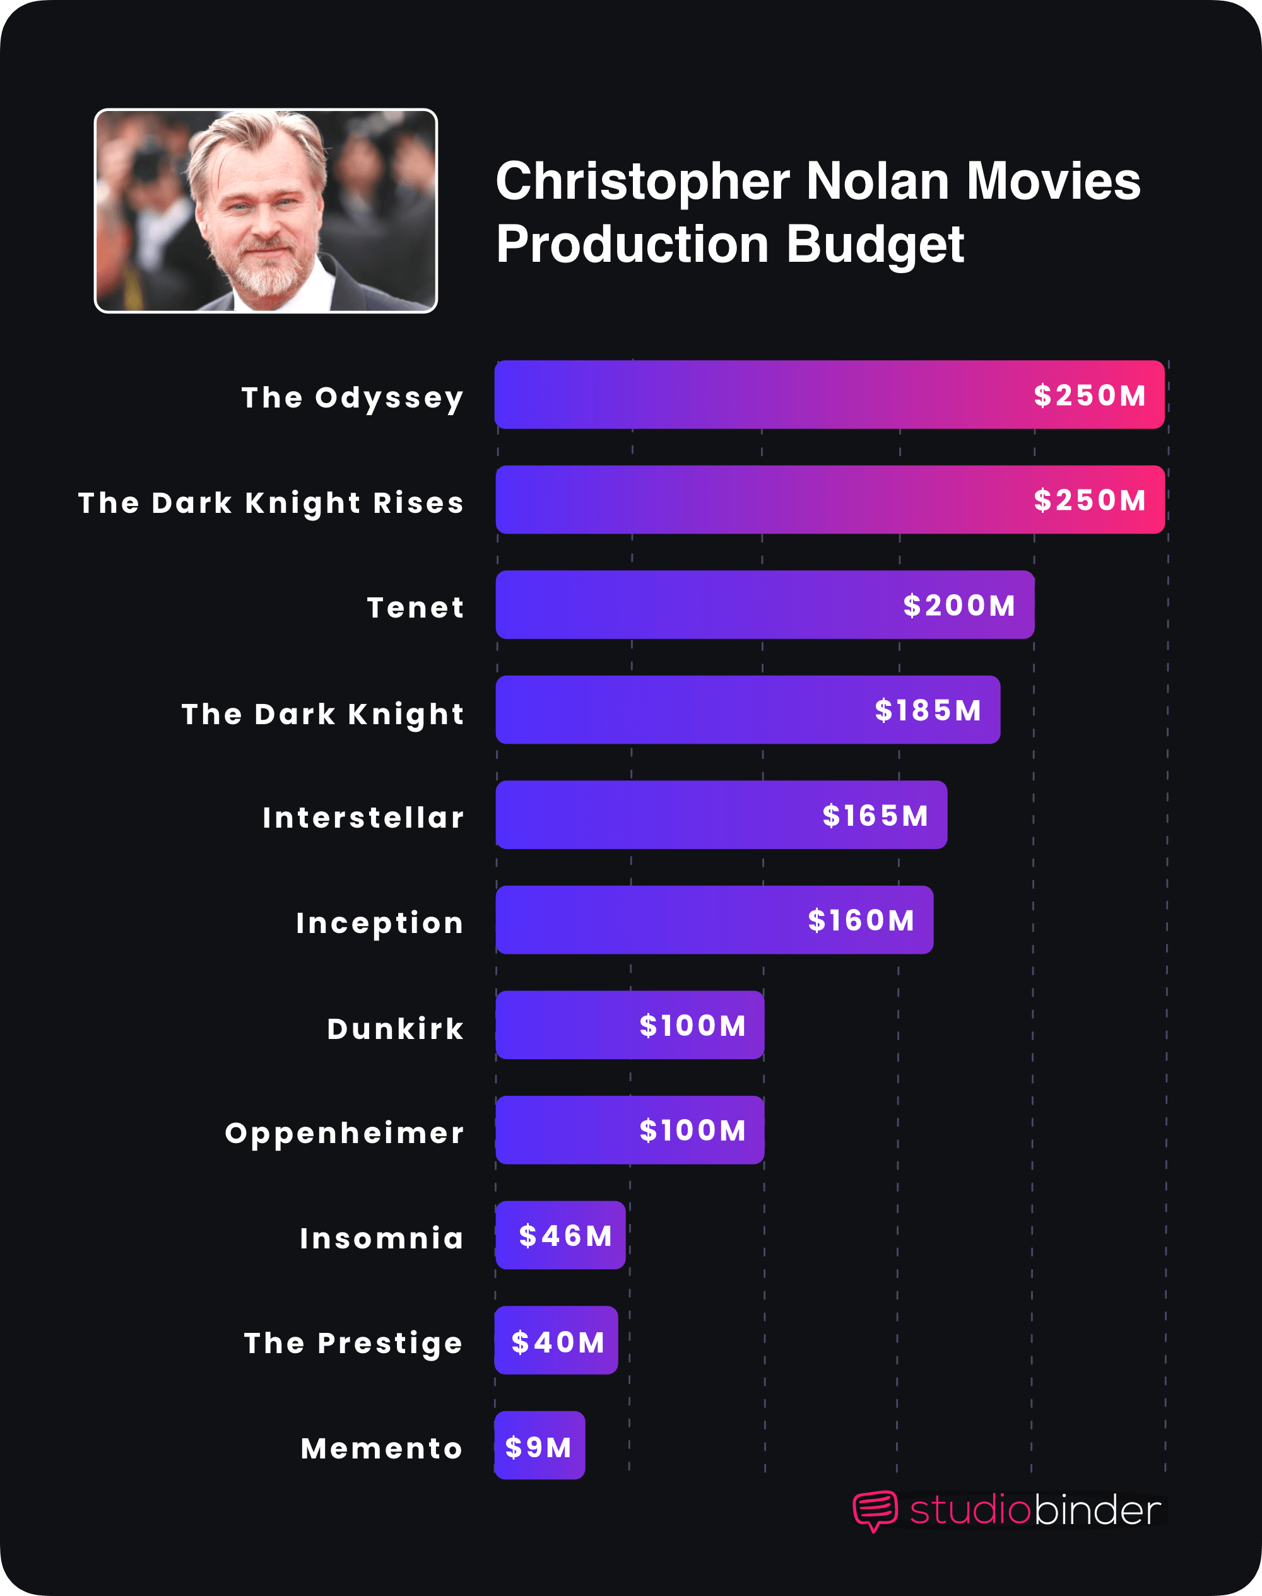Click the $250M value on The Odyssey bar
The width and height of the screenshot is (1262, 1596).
coord(1089,396)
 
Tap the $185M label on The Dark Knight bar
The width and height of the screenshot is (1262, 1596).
coord(928,710)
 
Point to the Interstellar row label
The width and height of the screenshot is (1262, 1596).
coord(363,818)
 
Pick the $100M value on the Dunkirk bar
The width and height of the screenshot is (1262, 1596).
coord(692,1026)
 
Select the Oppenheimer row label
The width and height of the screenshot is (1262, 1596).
coord(345,1133)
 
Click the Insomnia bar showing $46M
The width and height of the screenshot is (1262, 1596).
coord(560,1236)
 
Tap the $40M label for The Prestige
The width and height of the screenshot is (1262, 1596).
coord(558,1342)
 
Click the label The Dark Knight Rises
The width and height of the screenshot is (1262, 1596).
coord(271,503)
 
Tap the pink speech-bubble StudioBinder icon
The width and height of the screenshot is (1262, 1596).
coord(875,1510)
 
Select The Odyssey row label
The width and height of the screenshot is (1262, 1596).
coord(353,397)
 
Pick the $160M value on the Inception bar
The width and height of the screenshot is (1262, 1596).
coord(861,921)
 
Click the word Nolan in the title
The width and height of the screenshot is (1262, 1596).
coord(877,182)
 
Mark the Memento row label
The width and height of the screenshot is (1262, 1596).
coord(381,1448)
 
